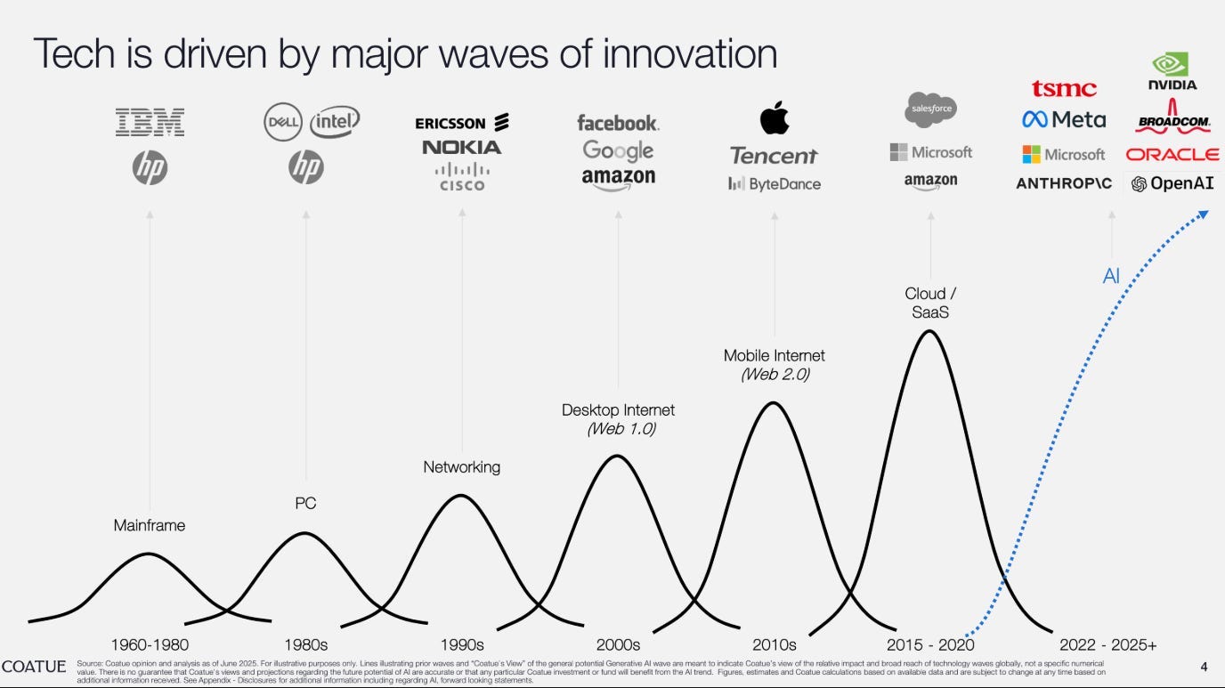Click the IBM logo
tap(150, 122)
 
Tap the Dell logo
tap(284, 123)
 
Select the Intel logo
tap(335, 122)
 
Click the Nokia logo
tap(461, 147)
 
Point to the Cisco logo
tap(461, 176)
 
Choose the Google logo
tap(618, 150)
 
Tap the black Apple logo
tap(774, 118)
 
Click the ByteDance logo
tap(774, 184)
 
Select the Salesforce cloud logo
tap(930, 109)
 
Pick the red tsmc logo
tap(1064, 89)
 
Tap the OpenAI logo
tap(1172, 184)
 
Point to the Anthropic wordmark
tap(1064, 184)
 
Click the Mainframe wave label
tap(150, 525)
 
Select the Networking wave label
tap(461, 466)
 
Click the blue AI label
tap(1110, 277)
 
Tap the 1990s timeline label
tap(461, 644)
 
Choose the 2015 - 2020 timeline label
tap(930, 644)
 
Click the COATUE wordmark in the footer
tap(34, 667)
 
